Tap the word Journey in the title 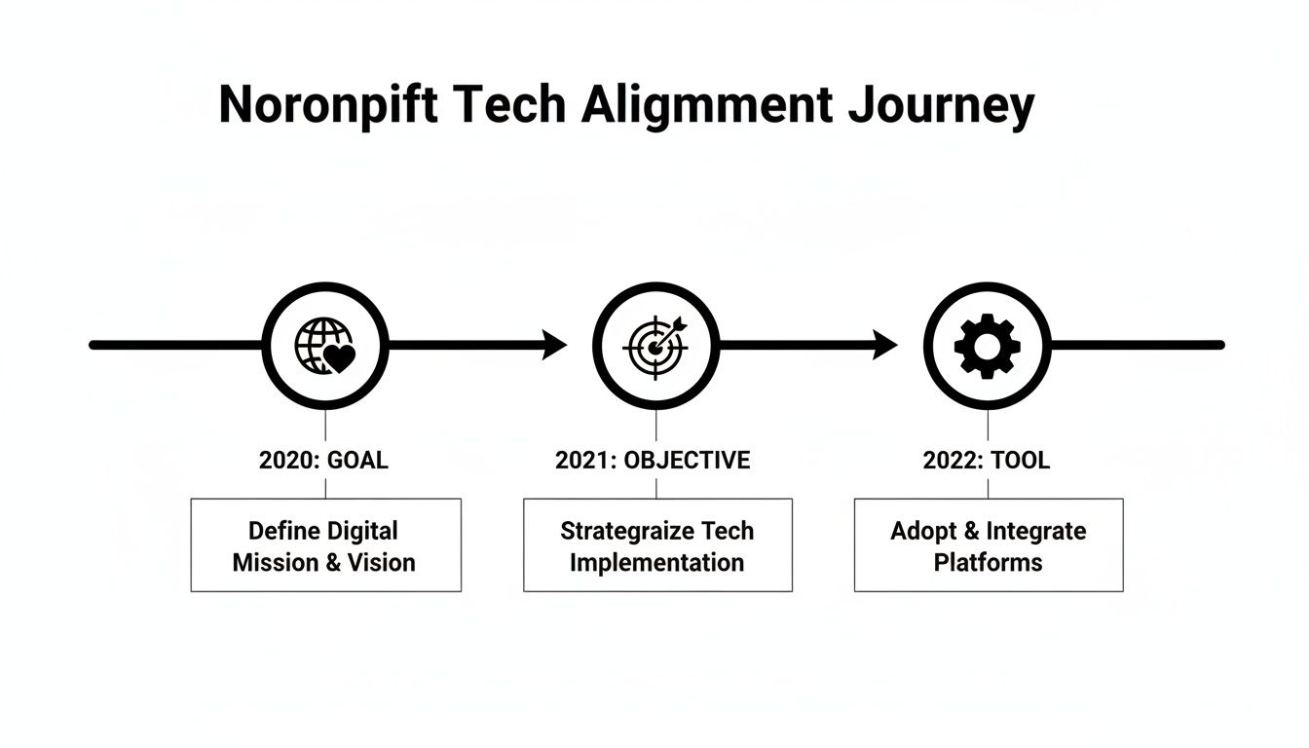click(941, 106)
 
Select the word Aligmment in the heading click(707, 106)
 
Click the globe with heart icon click(325, 345)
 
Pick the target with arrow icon click(655, 345)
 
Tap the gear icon click(987, 345)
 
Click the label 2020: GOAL click(323, 461)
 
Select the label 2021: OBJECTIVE click(653, 461)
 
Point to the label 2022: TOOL click(987, 461)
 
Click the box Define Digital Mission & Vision click(325, 545)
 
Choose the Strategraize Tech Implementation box click(657, 545)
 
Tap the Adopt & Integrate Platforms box click(988, 545)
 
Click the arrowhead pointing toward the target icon click(554, 345)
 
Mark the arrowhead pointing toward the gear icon click(884, 345)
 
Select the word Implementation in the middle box click(656, 563)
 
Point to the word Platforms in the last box click(988, 563)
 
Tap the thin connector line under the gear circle click(988, 425)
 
